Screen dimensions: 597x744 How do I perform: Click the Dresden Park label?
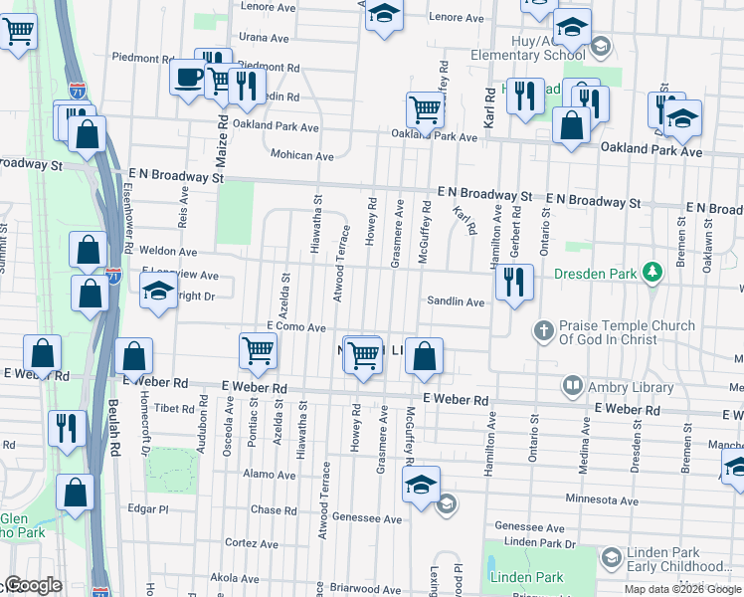pyautogui.click(x=595, y=272)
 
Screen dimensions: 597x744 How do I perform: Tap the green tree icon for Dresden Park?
pyautogui.click(x=651, y=272)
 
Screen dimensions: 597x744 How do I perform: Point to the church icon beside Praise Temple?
pyautogui.click(x=543, y=329)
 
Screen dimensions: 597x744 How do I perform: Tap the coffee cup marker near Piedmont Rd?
pyautogui.click(x=188, y=76)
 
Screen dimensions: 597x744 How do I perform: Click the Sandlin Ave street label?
pyautogui.click(x=456, y=301)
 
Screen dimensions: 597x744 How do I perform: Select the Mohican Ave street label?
pyautogui.click(x=302, y=155)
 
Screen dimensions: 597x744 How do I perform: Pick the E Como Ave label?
pyautogui.click(x=296, y=327)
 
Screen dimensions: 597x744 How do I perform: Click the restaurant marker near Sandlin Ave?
pyautogui.click(x=512, y=282)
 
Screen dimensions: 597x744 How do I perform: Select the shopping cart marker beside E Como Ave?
pyautogui.click(x=258, y=349)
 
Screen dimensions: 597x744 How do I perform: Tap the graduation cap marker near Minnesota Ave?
pyautogui.click(x=421, y=486)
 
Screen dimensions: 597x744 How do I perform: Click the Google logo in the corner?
pyautogui.click(x=33, y=586)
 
